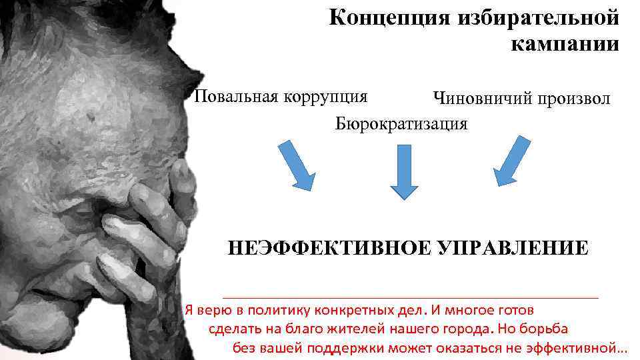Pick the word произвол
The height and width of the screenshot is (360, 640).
tap(575, 99)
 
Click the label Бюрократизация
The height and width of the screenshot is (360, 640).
tap(401, 123)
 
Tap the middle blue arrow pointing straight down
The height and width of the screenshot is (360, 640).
tap(403, 171)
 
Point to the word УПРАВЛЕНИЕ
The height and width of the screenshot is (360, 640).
tap(513, 249)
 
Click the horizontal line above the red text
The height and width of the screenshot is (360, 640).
tap(410, 297)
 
